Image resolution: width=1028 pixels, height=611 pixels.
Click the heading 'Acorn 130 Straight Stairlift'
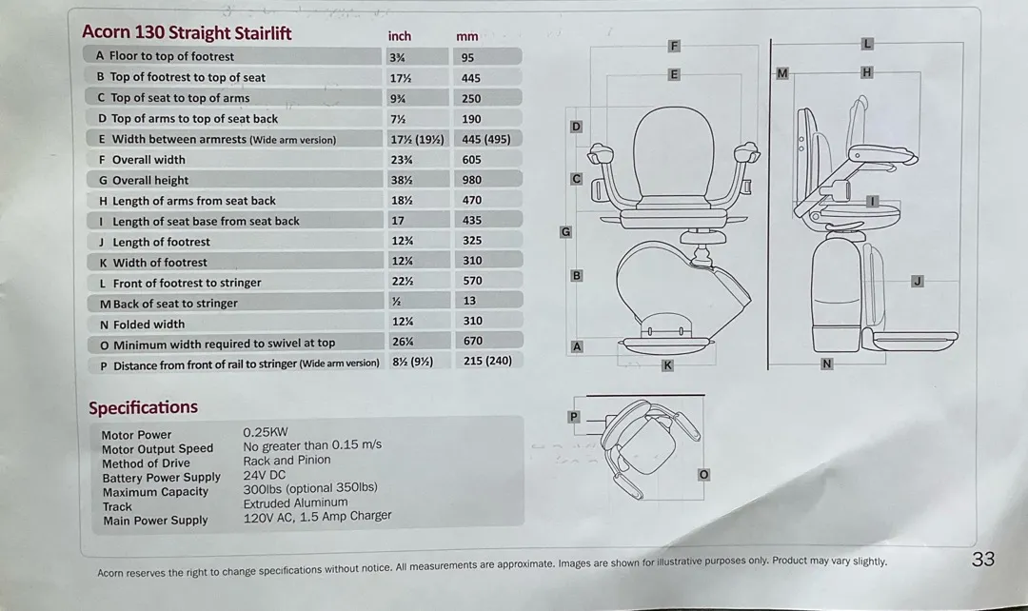pos(187,32)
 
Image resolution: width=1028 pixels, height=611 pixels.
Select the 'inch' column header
pos(399,36)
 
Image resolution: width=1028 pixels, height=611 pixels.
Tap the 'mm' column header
pos(466,37)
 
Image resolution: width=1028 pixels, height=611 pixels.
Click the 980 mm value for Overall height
pos(471,180)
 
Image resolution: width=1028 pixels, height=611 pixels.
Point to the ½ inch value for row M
pos(396,302)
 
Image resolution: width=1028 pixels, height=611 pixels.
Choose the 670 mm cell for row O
pos(473,341)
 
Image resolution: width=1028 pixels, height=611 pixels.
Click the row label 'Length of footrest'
pos(161,242)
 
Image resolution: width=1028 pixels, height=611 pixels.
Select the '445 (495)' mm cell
pos(485,139)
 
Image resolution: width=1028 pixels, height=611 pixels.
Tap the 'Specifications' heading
pos(143,407)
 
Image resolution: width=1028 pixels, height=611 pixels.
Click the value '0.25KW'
pos(266,432)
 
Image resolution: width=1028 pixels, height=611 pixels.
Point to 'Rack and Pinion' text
pos(287,461)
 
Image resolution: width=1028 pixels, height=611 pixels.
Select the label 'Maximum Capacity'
pos(155,492)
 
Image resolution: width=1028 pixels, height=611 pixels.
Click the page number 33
pos(982,560)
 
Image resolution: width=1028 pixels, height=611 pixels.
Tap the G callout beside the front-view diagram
pos(565,231)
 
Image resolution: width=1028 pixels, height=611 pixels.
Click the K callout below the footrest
pos(667,365)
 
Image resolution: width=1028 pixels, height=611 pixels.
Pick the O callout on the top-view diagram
pos(703,474)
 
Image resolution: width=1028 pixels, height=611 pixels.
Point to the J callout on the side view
pos(918,282)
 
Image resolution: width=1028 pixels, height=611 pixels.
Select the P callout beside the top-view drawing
pos(574,416)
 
